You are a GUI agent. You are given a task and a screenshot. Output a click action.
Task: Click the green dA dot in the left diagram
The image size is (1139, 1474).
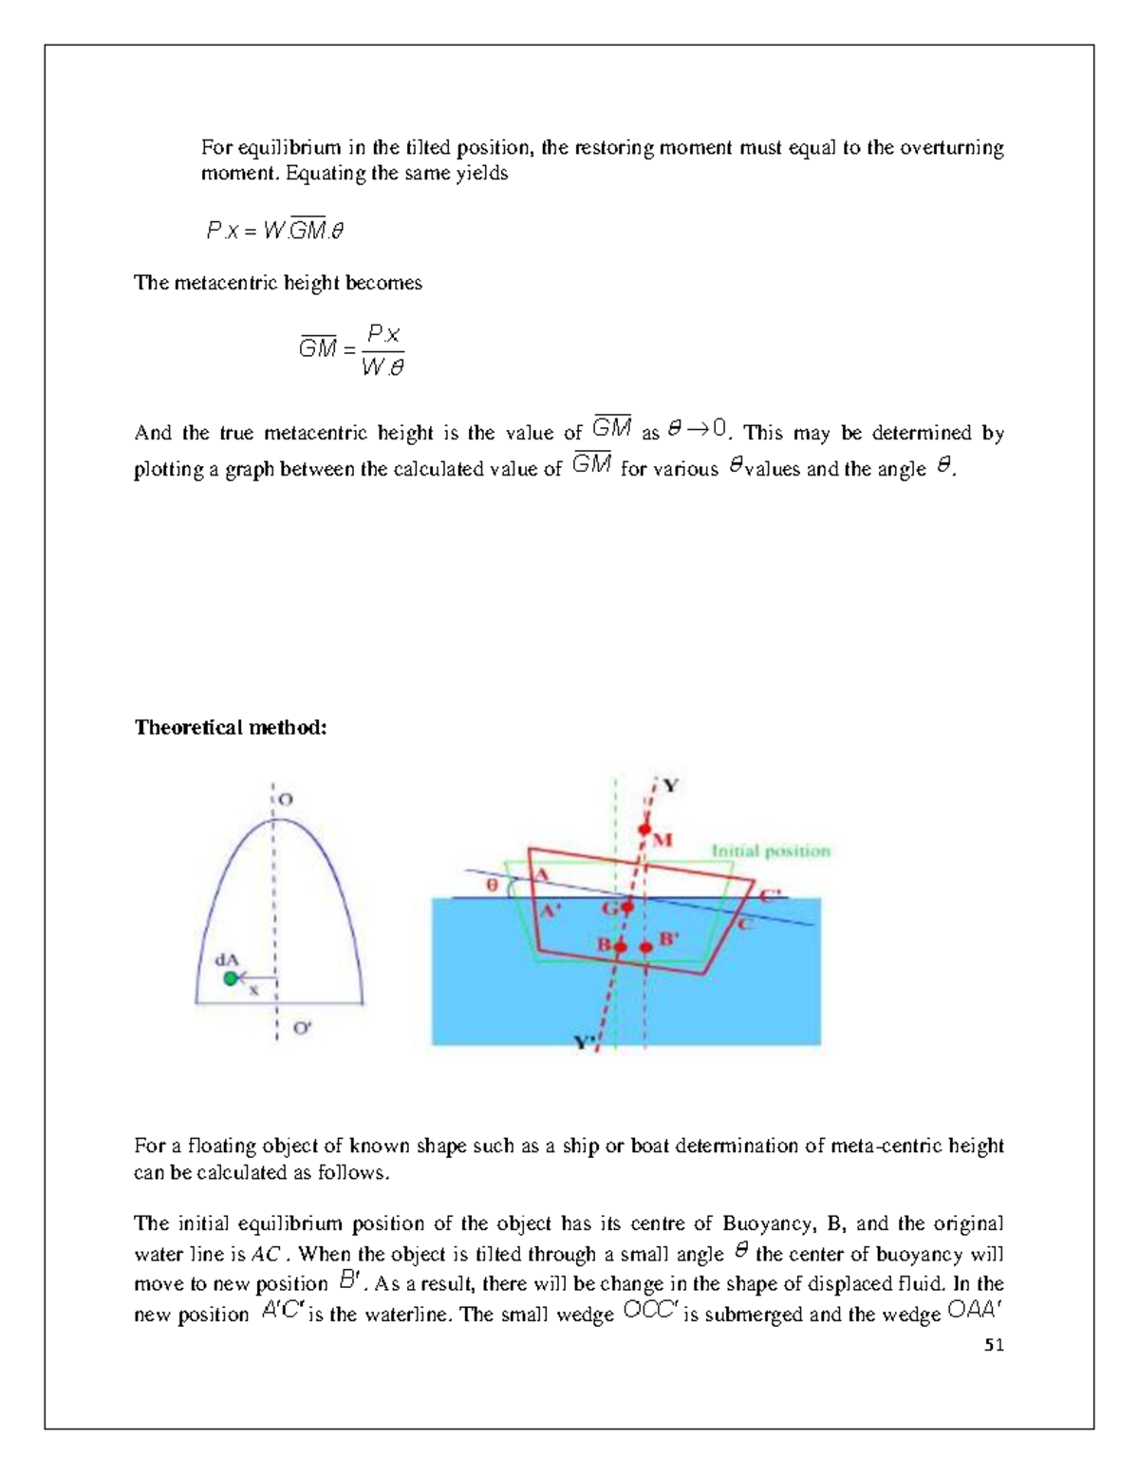[x=230, y=979]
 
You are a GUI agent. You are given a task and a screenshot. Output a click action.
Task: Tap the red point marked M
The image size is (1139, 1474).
[x=644, y=830]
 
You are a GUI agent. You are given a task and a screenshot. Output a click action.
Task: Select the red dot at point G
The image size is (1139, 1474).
[x=626, y=907]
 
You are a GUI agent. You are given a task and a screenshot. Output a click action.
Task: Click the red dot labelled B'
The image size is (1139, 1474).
[x=646, y=946]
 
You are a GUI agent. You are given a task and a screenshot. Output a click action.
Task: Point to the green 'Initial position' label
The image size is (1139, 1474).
[x=771, y=851]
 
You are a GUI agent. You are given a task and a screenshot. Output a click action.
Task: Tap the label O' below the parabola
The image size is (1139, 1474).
[x=301, y=1028]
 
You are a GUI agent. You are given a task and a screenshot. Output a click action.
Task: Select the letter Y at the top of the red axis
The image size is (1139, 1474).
[x=670, y=786]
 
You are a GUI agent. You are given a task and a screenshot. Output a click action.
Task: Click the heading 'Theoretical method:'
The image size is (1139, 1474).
[x=231, y=728]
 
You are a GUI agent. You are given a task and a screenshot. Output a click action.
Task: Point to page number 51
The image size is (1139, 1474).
[x=994, y=1345]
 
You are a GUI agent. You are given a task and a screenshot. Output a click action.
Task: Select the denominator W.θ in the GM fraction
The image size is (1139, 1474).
[x=383, y=366]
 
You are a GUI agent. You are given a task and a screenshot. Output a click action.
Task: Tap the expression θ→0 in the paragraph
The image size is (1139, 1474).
[x=698, y=430]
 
